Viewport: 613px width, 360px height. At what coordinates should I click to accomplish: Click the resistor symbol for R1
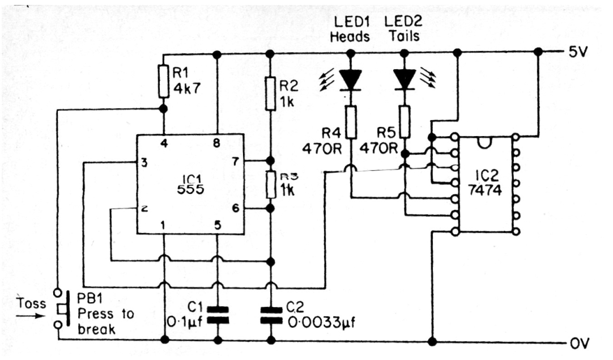(x=163, y=82)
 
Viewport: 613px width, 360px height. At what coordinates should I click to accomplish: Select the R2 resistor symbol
(x=271, y=94)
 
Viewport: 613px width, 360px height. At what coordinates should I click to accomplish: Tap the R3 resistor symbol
(x=271, y=184)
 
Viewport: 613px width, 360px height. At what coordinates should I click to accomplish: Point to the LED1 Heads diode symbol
(x=350, y=80)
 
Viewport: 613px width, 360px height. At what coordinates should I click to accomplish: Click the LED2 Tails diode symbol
(x=405, y=79)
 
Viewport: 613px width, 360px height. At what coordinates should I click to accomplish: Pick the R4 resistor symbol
(x=351, y=122)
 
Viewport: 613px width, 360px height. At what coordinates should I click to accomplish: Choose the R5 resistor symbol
(x=405, y=121)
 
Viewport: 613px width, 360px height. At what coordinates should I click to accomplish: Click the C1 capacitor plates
(x=218, y=315)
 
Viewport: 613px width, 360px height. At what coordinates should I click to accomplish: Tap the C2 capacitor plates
(x=271, y=315)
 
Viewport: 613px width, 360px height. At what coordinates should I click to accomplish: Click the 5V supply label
(x=578, y=52)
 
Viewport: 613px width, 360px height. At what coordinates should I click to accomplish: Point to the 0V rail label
(x=580, y=343)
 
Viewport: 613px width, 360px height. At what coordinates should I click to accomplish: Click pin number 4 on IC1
(x=164, y=143)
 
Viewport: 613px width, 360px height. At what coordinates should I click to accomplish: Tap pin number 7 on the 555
(x=235, y=161)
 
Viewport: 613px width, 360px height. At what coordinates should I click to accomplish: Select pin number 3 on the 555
(x=144, y=162)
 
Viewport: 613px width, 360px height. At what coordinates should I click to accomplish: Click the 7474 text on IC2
(x=485, y=190)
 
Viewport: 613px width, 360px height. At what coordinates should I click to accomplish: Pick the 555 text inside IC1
(x=190, y=189)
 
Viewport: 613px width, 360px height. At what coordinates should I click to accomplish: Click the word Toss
(x=31, y=303)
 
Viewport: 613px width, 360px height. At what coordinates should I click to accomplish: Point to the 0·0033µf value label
(x=321, y=322)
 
